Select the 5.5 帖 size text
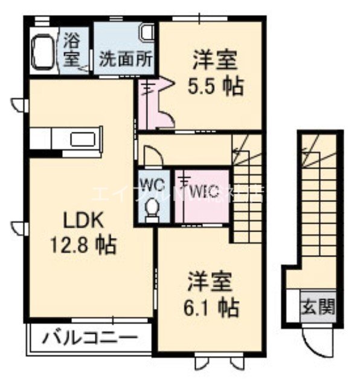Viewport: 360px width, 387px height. tap(214, 86)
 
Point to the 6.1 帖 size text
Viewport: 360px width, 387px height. tap(211, 307)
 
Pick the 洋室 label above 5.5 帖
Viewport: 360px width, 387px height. tap(214, 60)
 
